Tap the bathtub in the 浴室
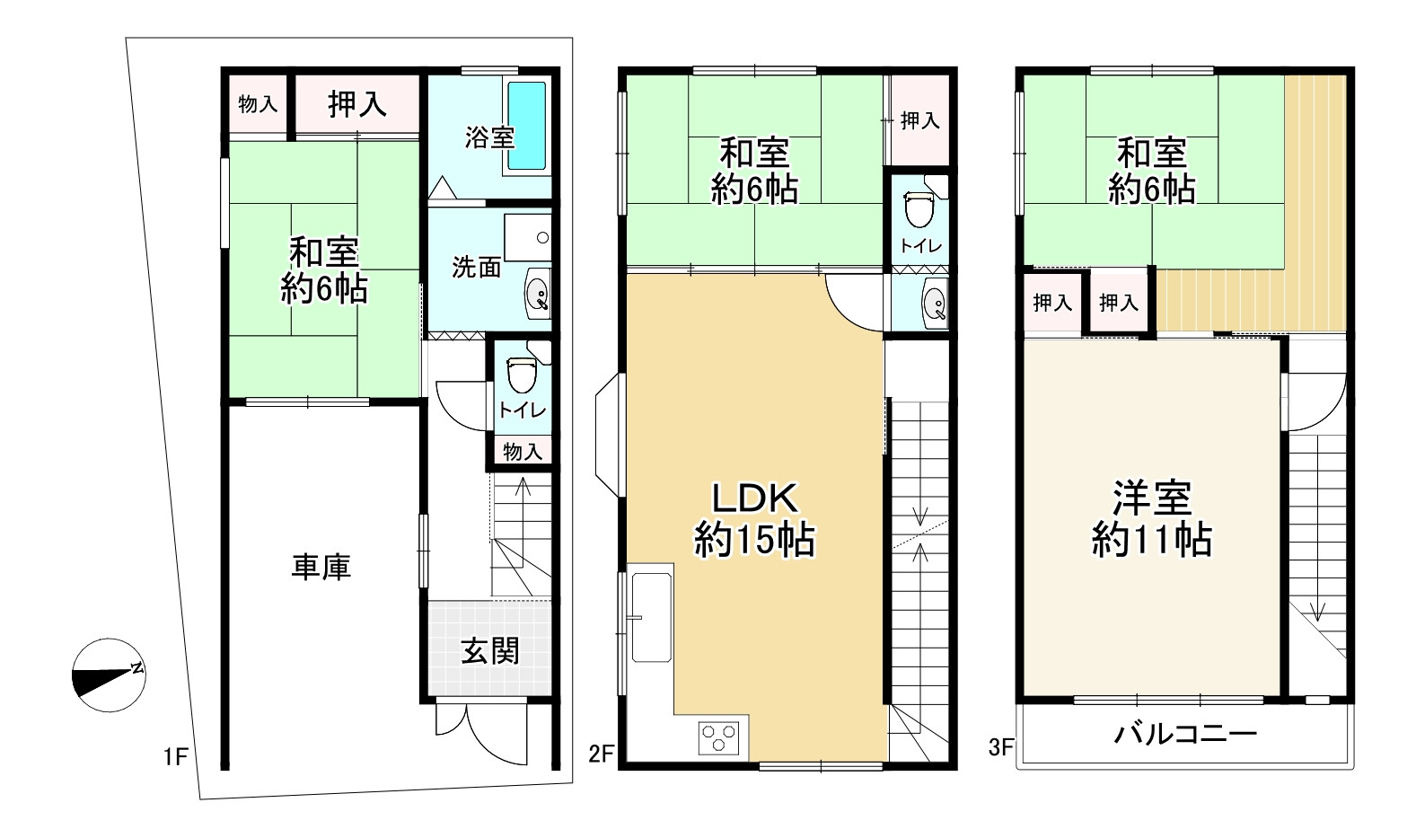click(x=527, y=126)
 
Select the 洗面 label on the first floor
click(x=476, y=267)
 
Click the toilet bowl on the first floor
click(x=521, y=373)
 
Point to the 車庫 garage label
click(x=321, y=567)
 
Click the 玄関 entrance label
click(x=490, y=650)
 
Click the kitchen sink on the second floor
click(x=651, y=615)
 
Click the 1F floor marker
click(x=175, y=757)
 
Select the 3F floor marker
click(x=1001, y=746)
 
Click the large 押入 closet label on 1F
click(x=357, y=105)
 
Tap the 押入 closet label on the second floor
click(x=919, y=120)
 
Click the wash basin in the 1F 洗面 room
click(x=538, y=294)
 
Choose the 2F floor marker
click(x=601, y=754)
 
